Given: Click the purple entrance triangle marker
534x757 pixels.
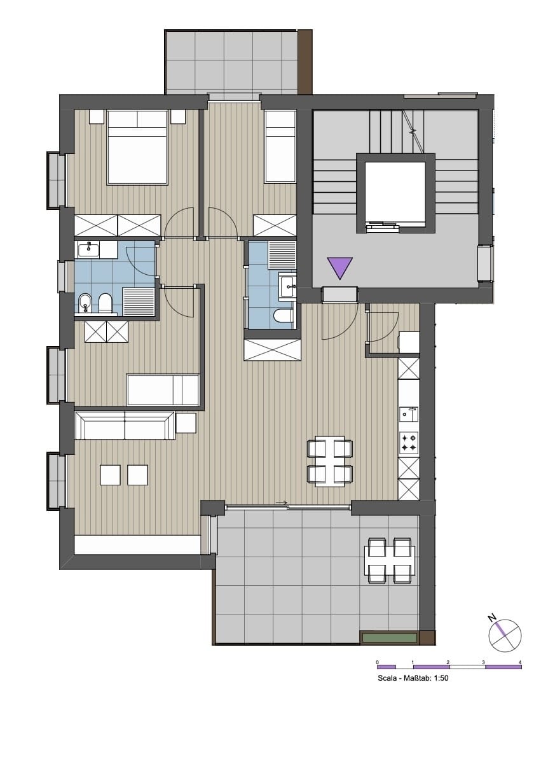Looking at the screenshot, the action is [339, 266].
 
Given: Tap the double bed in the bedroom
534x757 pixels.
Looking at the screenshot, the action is [137, 147].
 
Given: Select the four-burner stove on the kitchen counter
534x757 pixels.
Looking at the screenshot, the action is [409, 443].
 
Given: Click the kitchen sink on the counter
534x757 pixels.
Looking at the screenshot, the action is [409, 413].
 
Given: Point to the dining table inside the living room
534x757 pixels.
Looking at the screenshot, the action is [330, 461].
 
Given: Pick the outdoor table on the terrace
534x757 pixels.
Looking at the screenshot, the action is [390, 560].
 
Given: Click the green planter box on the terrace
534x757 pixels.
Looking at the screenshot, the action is [389, 638].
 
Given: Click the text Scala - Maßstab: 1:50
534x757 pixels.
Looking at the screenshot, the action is [413, 678].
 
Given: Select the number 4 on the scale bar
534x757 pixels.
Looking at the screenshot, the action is [519, 662].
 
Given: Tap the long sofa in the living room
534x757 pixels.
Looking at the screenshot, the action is [125, 426].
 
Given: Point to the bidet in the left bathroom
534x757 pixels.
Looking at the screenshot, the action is [85, 304].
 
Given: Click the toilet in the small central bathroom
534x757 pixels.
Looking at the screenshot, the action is [284, 317].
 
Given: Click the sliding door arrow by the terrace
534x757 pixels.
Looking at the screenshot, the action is [282, 504].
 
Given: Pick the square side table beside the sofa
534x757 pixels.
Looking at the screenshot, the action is [186, 423].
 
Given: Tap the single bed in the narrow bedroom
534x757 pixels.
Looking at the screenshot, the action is [280, 146].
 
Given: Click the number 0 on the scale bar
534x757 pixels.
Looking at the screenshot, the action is [377, 662].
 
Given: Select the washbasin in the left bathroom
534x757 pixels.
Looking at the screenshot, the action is [88, 249].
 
